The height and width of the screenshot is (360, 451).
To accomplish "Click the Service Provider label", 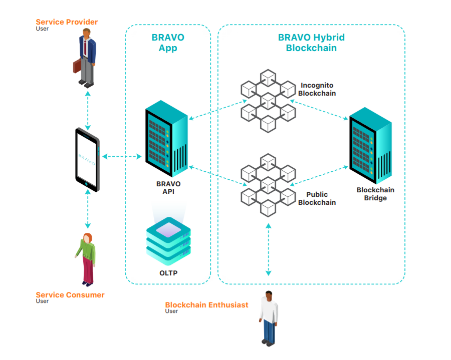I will [67, 22].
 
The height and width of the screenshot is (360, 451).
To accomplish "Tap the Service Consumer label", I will [70, 295].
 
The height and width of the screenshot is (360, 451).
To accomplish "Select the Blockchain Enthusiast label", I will [206, 305].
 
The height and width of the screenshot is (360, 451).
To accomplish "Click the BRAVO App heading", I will [168, 43].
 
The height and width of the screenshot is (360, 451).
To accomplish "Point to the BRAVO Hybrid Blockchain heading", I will [311, 43].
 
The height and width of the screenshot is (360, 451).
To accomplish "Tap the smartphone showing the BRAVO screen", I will [88, 159].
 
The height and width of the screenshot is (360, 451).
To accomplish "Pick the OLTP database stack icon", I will [168, 240].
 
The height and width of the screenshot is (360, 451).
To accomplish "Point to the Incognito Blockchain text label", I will [317, 89].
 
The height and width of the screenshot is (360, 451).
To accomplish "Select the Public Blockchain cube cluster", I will [268, 184].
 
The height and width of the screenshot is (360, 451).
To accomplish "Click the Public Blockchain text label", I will [317, 198].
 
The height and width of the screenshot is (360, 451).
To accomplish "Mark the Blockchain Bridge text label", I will [375, 194].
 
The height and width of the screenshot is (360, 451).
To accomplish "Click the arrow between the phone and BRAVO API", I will [122, 157].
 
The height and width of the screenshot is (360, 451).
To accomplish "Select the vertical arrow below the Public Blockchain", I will [269, 249].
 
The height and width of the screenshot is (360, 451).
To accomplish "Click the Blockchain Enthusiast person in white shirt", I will [269, 318].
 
